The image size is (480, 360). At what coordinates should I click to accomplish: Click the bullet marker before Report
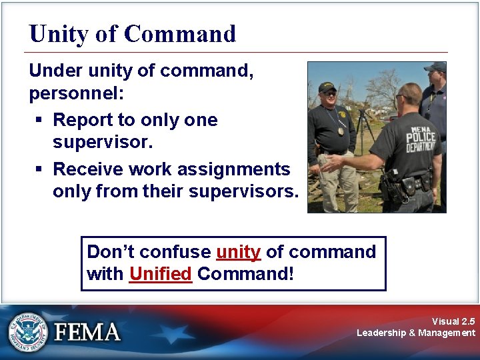click(x=40, y=120)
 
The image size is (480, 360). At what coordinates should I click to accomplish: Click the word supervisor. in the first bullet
click(x=103, y=143)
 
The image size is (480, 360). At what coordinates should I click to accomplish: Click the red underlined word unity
click(x=238, y=252)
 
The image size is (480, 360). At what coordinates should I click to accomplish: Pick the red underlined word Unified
click(x=161, y=274)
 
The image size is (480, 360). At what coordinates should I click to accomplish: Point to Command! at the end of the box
click(x=245, y=274)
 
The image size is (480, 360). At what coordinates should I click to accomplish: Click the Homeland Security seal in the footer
click(x=27, y=331)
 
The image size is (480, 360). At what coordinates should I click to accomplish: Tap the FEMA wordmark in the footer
click(x=87, y=332)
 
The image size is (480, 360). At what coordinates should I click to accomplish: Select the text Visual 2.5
click(x=453, y=321)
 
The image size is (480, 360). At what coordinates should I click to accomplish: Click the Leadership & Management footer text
click(x=416, y=333)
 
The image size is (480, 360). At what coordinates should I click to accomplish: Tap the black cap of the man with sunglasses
click(x=327, y=87)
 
